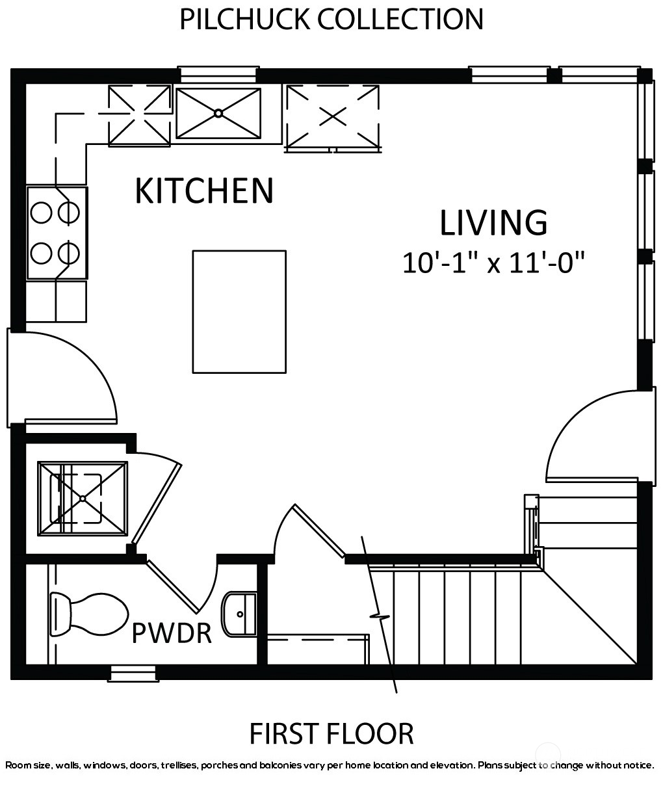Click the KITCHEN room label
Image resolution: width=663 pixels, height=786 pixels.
pyautogui.click(x=204, y=190)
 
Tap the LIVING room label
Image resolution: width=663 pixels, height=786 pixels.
pyautogui.click(x=493, y=223)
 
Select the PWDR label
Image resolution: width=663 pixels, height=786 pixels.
pyautogui.click(x=172, y=633)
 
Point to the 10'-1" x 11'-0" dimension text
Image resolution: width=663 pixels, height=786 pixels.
pyautogui.click(x=493, y=263)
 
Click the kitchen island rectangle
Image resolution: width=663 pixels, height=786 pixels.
pyautogui.click(x=239, y=311)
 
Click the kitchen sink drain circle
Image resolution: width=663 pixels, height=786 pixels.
pyautogui.click(x=218, y=113)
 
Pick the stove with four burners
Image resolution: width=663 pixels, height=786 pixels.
pyautogui.click(x=57, y=233)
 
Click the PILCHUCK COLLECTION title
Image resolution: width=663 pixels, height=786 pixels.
pyautogui.click(x=331, y=20)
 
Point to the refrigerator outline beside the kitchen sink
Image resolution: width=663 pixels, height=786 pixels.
pyautogui.click(x=333, y=118)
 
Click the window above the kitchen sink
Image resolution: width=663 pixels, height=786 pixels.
pyautogui.click(x=218, y=74)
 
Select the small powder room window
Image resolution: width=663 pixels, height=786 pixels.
pyautogui.click(x=133, y=674)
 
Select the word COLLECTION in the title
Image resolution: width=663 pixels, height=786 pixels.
pyautogui.click(x=400, y=20)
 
